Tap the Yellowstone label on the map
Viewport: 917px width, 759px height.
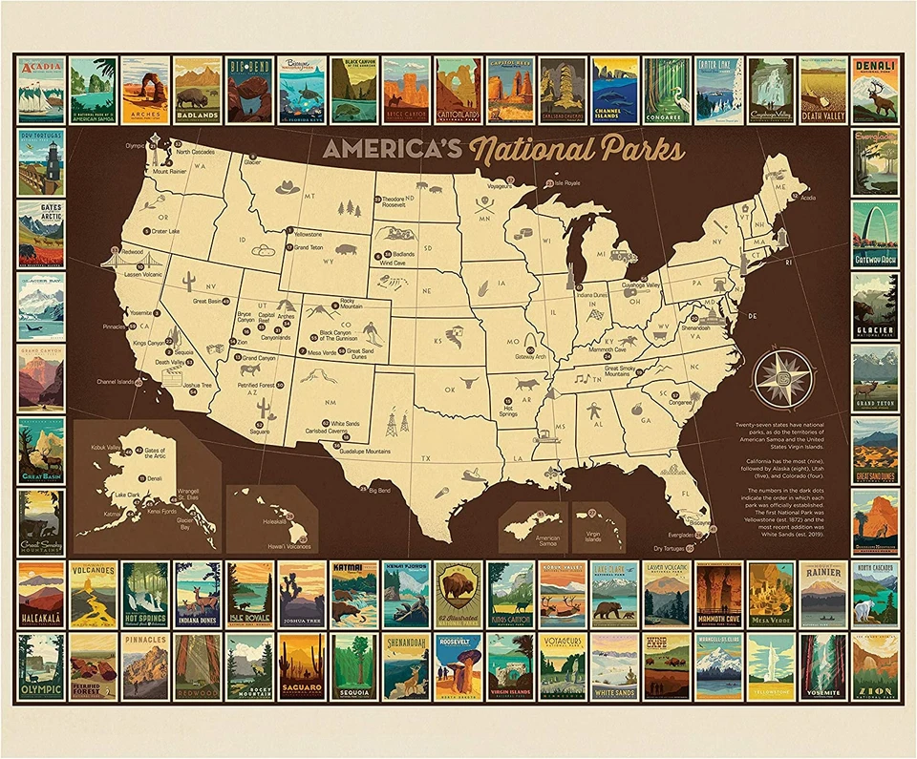(308, 234)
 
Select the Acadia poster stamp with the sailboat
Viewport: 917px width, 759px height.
(41, 91)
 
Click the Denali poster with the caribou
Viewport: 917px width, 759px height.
(875, 91)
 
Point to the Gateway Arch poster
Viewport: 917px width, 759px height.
(875, 235)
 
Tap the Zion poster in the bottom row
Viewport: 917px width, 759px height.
(875, 666)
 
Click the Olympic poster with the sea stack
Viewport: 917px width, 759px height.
(41, 666)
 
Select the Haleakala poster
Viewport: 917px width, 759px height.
(41, 594)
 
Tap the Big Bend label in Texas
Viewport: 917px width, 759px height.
(379, 491)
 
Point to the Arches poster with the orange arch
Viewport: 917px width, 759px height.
(145, 91)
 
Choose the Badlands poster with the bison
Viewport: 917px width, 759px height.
(197, 91)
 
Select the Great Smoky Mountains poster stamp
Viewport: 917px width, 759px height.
(41, 523)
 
